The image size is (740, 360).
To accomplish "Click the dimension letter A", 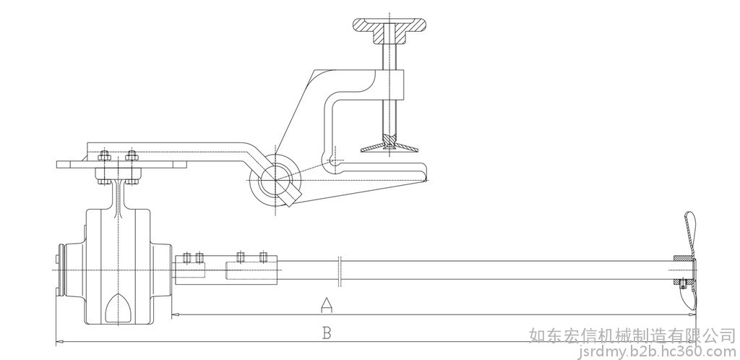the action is pyautogui.click(x=327, y=305).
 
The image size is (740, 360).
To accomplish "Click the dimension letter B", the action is pyautogui.click(x=327, y=333).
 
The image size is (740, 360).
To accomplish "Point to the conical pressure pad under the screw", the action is pyautogui.click(x=390, y=145).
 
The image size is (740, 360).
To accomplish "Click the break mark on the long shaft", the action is pyautogui.click(x=340, y=271).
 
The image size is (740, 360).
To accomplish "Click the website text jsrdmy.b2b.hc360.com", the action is pyautogui.click(x=657, y=351).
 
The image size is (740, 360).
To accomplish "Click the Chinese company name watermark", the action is pyautogui.click(x=632, y=335).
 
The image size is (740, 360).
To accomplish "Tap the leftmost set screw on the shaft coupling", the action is pyautogui.click(x=186, y=257).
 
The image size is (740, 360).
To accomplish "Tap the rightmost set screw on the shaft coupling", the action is pyautogui.click(x=264, y=257).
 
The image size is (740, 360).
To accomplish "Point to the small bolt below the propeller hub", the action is pyautogui.click(x=682, y=283).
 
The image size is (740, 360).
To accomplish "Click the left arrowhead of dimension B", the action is pyautogui.click(x=59, y=342).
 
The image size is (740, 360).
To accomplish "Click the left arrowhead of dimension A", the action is pyautogui.click(x=175, y=314).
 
